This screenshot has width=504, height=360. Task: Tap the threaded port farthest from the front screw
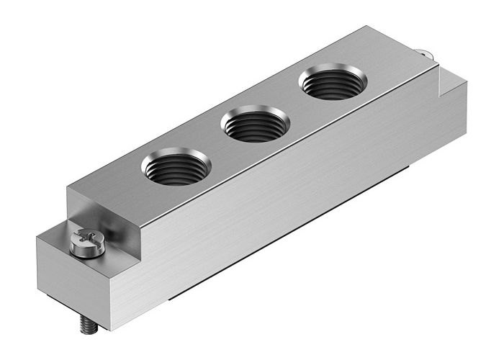pos(331,85)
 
